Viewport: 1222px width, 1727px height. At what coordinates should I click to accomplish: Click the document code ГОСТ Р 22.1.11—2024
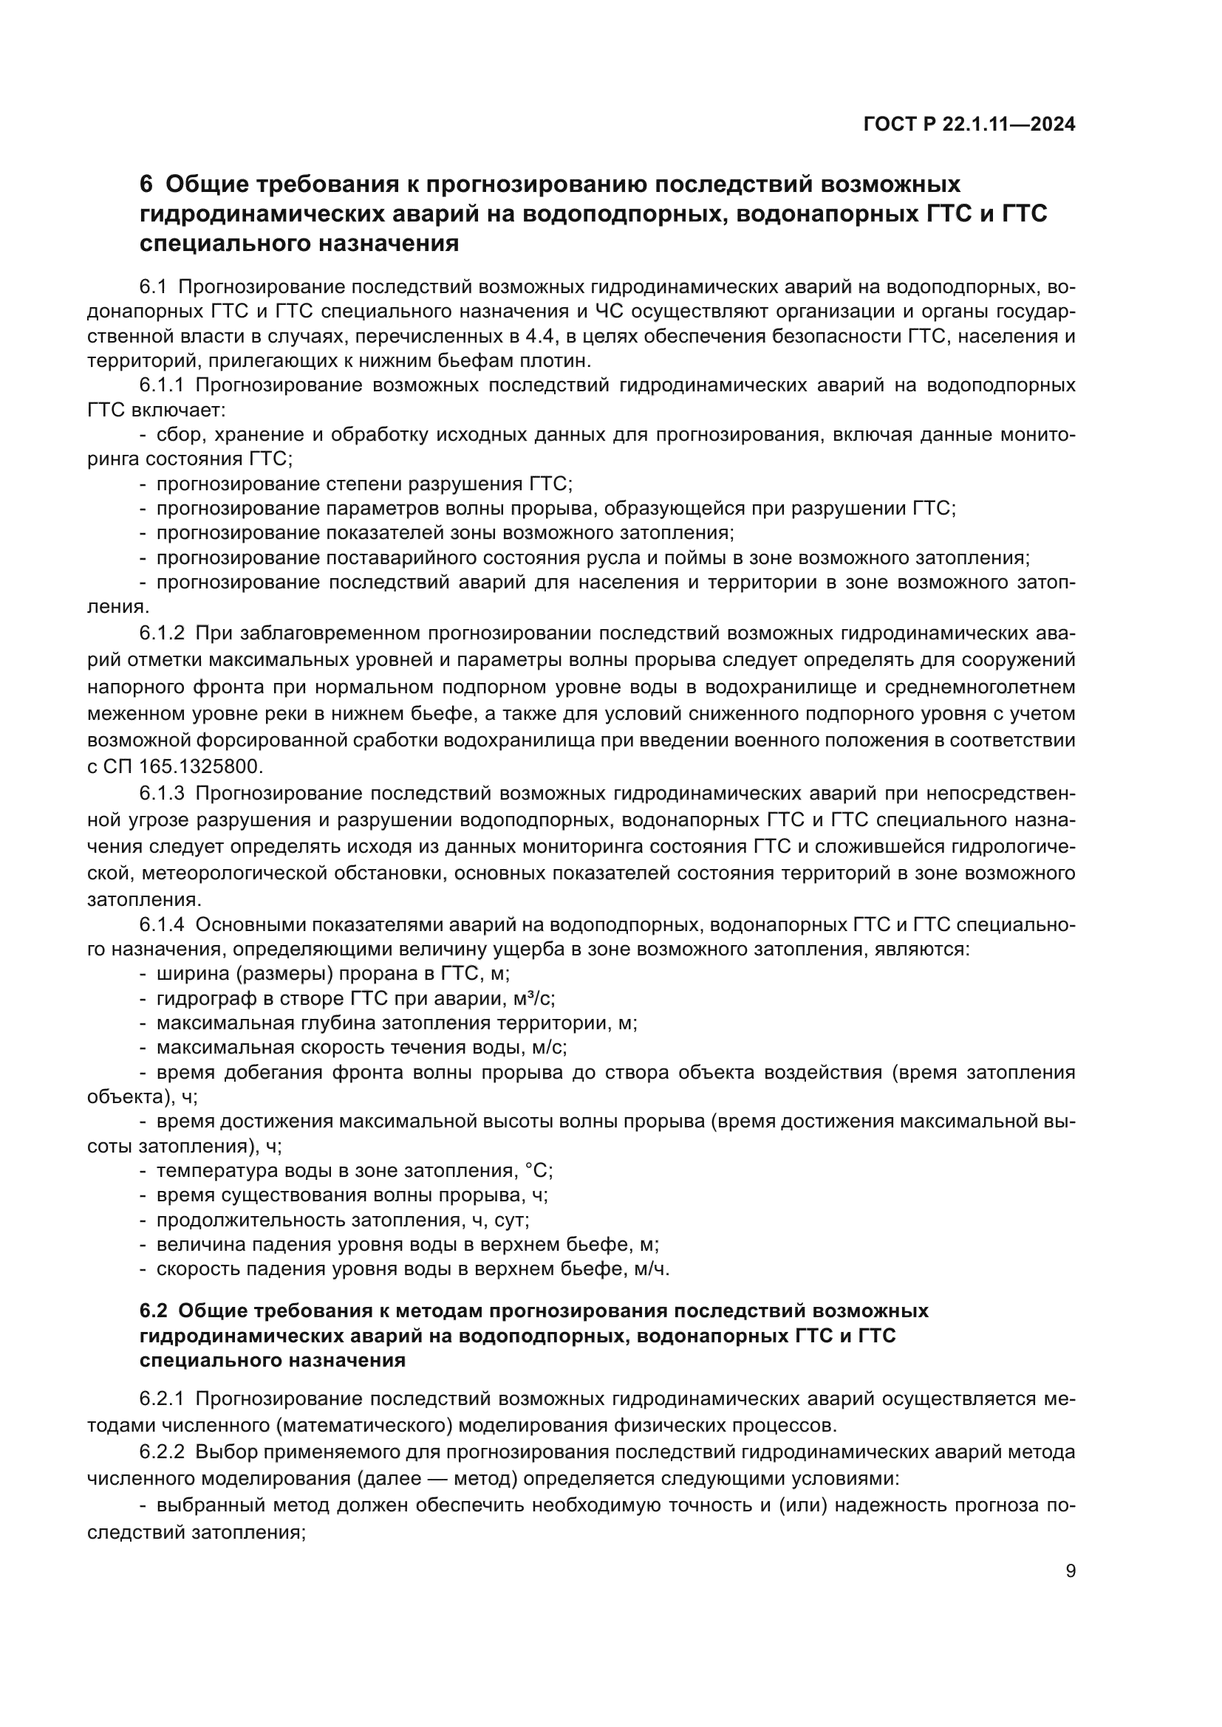point(969,125)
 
